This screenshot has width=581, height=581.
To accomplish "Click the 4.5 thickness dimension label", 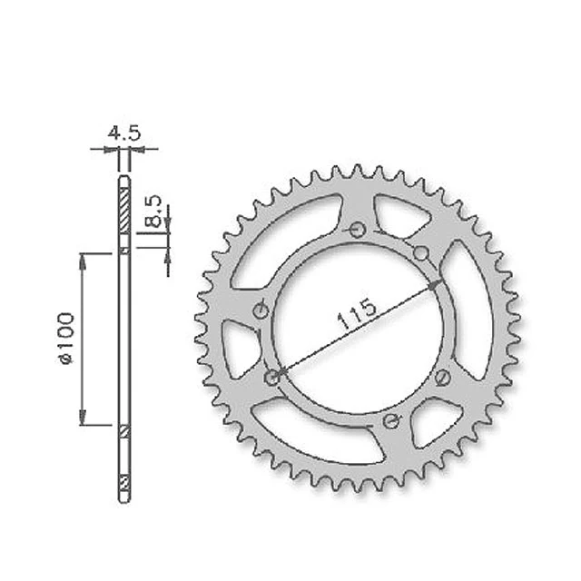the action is pos(124,133).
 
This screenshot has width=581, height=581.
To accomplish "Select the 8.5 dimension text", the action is pos(154,211).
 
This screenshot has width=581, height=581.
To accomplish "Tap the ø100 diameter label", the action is pos(66,339).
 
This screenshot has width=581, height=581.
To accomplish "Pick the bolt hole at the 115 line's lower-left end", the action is pos(273,378).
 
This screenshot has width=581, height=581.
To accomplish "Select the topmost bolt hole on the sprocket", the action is pos(358,231).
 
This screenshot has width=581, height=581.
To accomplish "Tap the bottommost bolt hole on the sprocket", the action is pos(391,420).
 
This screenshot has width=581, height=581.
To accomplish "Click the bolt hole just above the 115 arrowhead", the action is pos(421,254).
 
